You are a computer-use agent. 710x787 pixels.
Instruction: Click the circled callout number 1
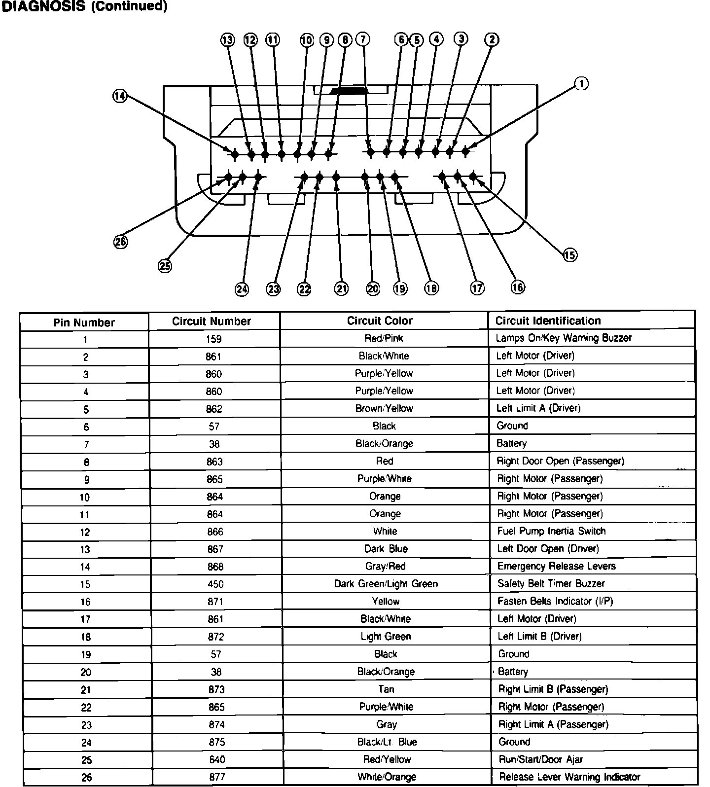(x=582, y=84)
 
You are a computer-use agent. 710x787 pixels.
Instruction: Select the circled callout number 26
(x=120, y=242)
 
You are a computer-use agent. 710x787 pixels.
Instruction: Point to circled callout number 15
(x=570, y=255)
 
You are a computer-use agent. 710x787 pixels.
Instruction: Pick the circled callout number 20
(x=373, y=288)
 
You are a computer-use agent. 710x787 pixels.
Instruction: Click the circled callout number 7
(x=363, y=39)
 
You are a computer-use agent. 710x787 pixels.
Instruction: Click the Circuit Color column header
(x=380, y=321)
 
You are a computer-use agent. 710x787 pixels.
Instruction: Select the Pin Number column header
(x=84, y=323)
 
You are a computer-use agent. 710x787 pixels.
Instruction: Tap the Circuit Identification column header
(x=548, y=321)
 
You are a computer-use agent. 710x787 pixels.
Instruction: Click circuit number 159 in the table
(x=214, y=339)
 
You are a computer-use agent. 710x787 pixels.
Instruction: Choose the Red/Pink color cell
(x=384, y=338)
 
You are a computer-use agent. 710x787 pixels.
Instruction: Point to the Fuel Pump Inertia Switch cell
(x=551, y=531)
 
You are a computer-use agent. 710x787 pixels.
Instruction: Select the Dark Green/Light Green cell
(x=386, y=584)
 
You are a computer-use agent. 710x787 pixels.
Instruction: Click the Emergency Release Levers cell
(x=556, y=566)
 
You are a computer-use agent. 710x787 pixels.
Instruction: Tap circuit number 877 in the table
(x=216, y=777)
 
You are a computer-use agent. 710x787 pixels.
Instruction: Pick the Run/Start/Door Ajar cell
(x=540, y=759)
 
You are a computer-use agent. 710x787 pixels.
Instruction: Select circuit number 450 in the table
(x=215, y=584)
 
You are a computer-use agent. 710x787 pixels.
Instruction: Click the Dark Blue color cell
(x=386, y=549)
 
